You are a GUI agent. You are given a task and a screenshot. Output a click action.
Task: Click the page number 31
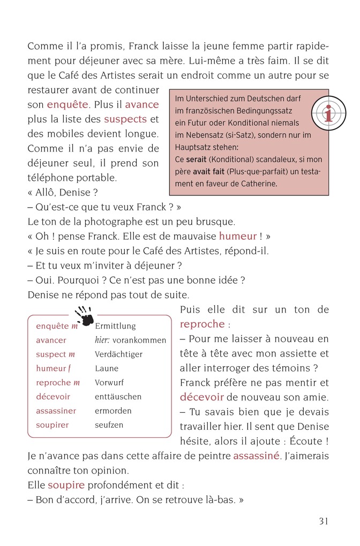323,521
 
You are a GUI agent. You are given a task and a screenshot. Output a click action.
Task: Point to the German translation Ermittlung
115,326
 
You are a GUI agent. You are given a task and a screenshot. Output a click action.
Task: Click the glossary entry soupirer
52,425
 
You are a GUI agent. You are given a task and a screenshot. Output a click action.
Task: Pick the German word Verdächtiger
118,354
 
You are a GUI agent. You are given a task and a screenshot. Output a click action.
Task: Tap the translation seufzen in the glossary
109,425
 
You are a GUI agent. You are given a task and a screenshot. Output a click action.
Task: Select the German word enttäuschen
118,397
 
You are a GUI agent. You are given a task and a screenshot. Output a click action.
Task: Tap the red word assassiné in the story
256,456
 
